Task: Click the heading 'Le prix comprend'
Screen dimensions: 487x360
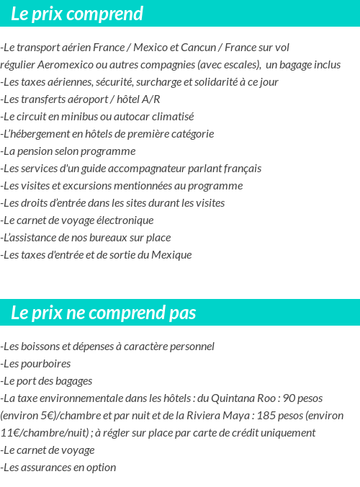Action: (77, 14)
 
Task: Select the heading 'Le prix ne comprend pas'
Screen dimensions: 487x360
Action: (104, 313)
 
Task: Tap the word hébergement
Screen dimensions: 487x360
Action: (42, 134)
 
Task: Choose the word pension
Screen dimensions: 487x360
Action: (37, 151)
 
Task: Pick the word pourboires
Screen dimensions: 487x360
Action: (45, 364)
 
